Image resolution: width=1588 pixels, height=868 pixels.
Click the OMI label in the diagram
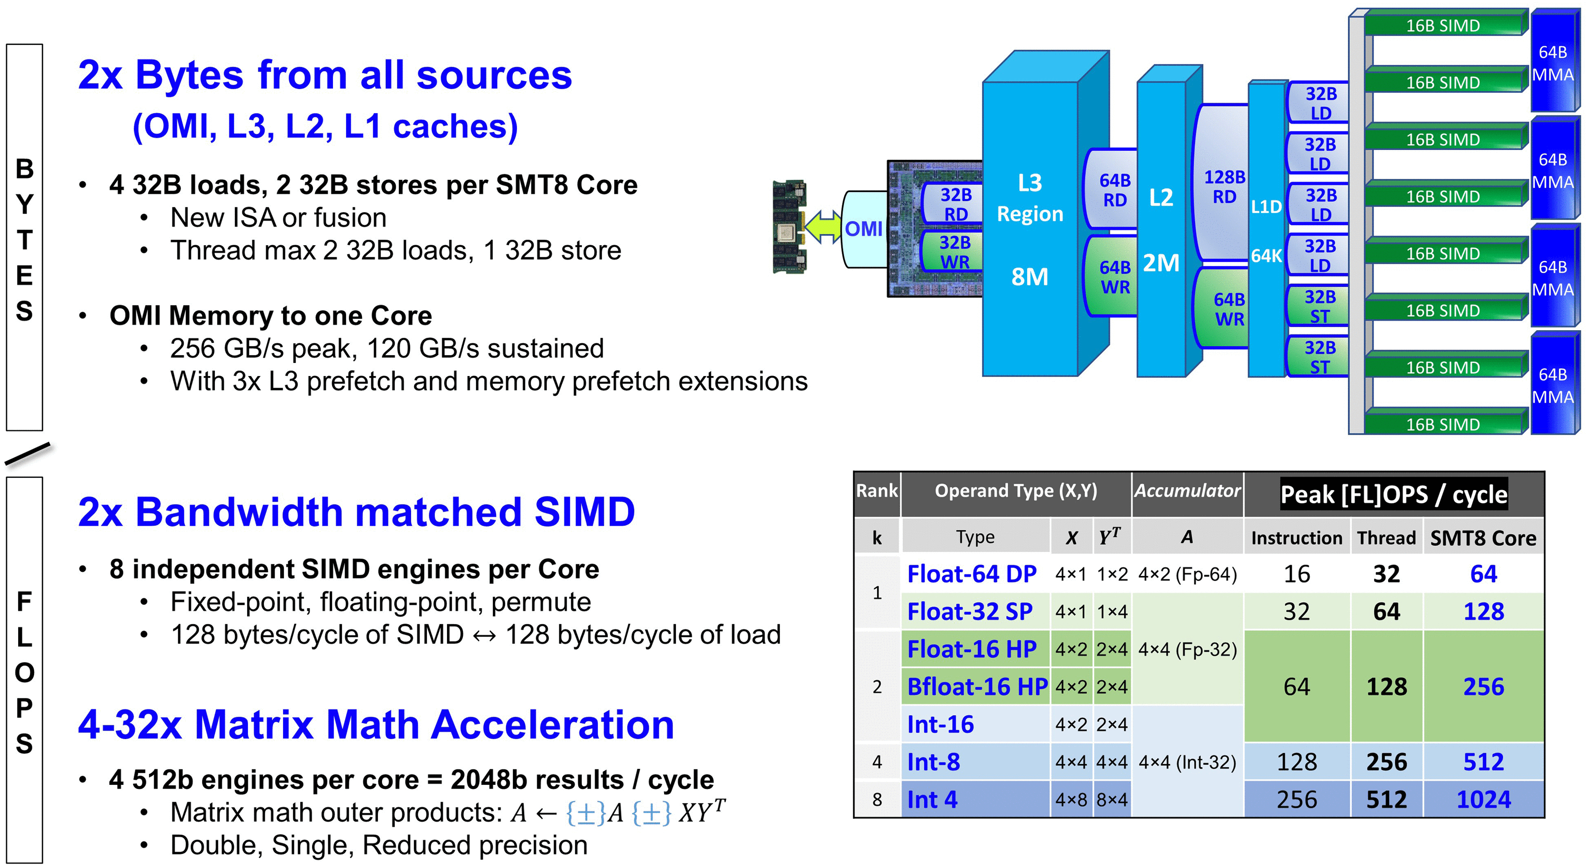coord(863,229)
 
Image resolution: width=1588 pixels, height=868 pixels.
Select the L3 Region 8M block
coord(1029,228)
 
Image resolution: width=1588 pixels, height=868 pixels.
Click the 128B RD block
coord(1224,186)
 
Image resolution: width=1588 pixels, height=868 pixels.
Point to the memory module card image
coord(789,227)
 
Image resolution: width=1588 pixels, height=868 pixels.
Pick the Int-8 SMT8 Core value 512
coord(1483,762)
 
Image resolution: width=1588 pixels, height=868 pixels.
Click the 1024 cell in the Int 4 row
coord(1483,800)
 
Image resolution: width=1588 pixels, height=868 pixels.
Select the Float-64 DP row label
coord(971,574)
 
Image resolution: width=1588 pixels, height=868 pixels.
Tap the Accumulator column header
coord(1187,491)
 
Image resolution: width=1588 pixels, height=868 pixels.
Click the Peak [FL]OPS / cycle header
coord(1394,494)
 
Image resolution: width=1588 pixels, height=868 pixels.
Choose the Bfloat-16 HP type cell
coord(977,687)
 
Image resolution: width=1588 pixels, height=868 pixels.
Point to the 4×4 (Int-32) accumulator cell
coord(1187,762)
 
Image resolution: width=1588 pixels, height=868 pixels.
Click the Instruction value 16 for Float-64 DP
coord(1297,574)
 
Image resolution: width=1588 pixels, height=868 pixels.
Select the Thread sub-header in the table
coord(1386,538)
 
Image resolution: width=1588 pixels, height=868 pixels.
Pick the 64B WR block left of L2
coord(1114,277)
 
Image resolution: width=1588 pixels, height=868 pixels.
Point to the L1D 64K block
coord(1266,231)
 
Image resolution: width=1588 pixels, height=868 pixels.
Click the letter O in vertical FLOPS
coord(25,673)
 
